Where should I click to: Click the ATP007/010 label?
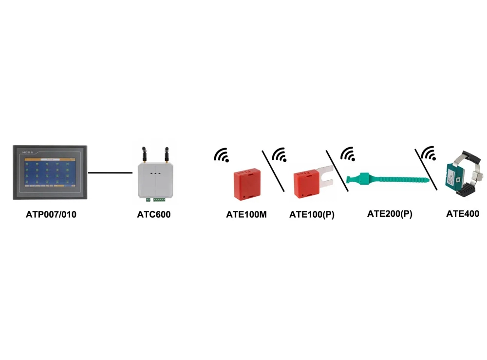coord(51,214)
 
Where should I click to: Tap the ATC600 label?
coord(154,214)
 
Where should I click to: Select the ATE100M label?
coord(246,214)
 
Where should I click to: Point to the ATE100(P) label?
coord(312,214)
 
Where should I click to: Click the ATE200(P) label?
coord(390,213)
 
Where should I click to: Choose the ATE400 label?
coord(463,213)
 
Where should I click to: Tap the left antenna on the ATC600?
coord(144,153)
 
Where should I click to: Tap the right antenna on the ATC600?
coord(166,153)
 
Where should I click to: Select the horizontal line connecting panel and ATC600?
coord(111,172)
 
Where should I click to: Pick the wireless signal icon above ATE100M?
coord(222,155)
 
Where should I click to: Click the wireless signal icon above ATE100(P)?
coord(280,155)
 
